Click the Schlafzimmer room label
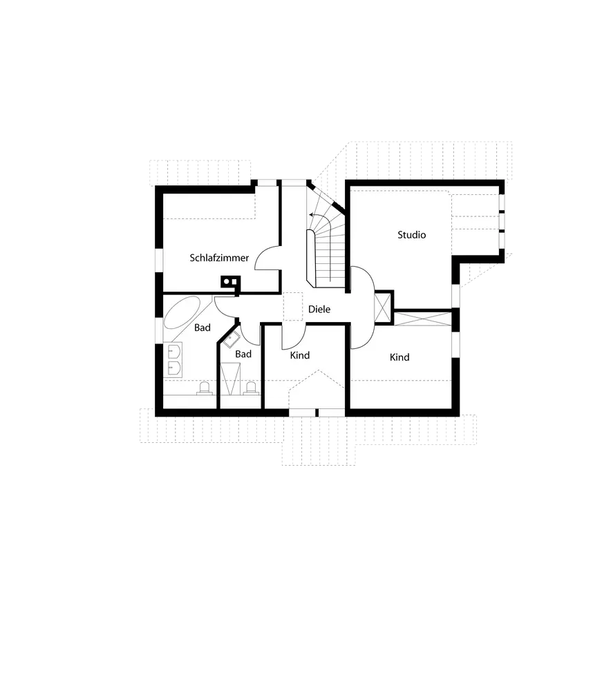[x=219, y=258]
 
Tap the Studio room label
[x=411, y=235]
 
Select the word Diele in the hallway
[x=319, y=309]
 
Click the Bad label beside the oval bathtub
[x=202, y=328]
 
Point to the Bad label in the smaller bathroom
[x=243, y=354]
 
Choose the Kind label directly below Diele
[x=299, y=355]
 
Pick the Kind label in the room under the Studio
[x=399, y=357]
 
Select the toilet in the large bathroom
[x=204, y=388]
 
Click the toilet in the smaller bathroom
[x=250, y=388]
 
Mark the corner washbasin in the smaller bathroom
[x=231, y=338]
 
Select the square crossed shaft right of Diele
[x=382, y=305]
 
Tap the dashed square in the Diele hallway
[x=293, y=307]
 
